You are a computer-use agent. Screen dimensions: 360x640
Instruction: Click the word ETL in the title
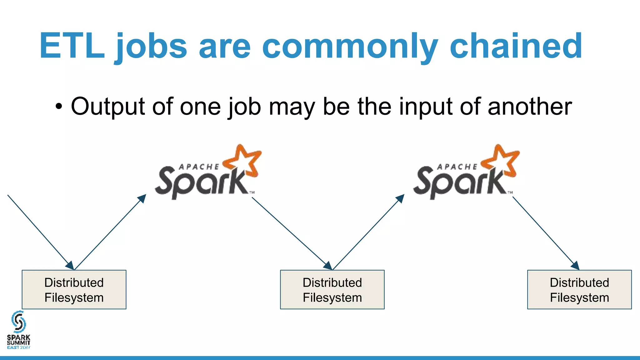tap(72, 46)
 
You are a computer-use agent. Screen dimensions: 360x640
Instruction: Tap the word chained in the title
tap(516, 46)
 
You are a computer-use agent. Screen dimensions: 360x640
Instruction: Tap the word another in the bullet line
tap(530, 107)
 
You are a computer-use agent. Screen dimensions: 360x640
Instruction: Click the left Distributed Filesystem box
tap(74, 290)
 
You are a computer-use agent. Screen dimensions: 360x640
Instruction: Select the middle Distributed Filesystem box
tap(332, 290)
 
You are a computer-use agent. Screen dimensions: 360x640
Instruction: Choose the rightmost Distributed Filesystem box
tap(579, 290)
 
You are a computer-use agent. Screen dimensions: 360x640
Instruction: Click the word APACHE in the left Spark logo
tap(199, 167)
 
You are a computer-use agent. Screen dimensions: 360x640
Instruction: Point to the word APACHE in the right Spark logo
tap(457, 167)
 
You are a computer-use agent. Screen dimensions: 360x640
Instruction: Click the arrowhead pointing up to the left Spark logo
tap(142, 198)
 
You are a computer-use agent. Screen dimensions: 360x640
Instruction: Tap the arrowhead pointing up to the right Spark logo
tap(401, 198)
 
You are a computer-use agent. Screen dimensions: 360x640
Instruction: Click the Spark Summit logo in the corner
tap(19, 330)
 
